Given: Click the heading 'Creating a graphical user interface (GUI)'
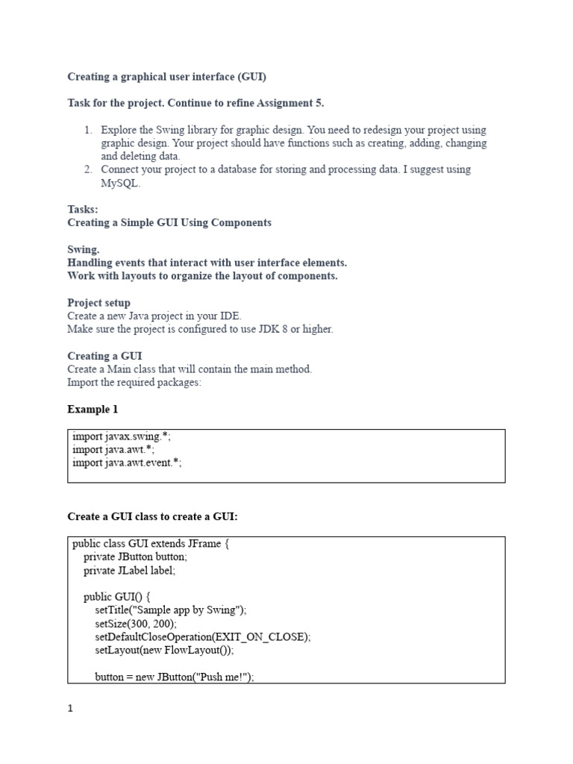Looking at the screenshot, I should (x=166, y=77).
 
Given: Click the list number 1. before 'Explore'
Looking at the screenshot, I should (x=88, y=130).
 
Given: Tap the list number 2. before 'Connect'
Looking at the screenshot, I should (x=88, y=170).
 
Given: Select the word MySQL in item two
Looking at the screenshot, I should (x=120, y=184).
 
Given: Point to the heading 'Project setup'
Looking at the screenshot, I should (x=98, y=303).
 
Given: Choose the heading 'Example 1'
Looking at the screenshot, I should (x=93, y=410).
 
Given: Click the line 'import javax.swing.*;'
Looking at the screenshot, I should (x=127, y=436).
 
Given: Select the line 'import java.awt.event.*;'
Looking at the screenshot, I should (x=127, y=463).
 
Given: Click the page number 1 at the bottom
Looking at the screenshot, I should (x=71, y=710).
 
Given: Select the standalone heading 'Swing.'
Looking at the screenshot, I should (x=84, y=250).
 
